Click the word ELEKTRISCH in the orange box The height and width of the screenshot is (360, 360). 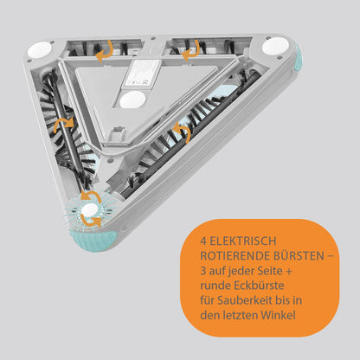tap(243, 241)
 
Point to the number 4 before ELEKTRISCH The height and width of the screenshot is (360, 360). tap(203, 241)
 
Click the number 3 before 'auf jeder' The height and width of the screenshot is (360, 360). tap(203, 271)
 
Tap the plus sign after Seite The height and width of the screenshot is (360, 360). tap(289, 272)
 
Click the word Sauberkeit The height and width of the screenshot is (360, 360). tap(245, 300)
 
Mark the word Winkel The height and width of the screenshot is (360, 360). tap(278, 315)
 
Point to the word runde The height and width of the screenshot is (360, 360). tap(215, 286)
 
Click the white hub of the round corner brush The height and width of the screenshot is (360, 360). tap(90, 210)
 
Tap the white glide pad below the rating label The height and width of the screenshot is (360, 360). tap(132, 100)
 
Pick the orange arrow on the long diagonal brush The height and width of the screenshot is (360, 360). tap(183, 132)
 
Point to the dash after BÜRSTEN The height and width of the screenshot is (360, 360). tap(331, 256)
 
